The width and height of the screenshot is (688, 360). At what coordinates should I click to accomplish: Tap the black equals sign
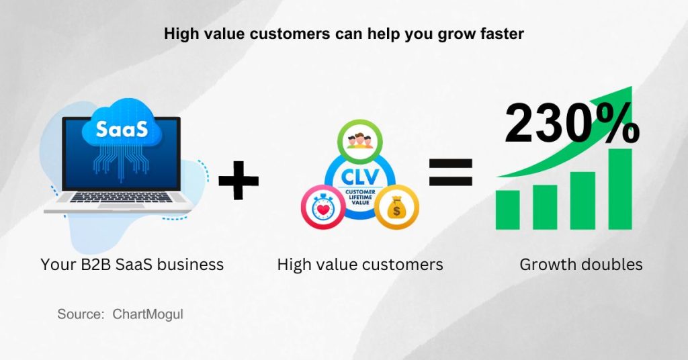tap(451, 173)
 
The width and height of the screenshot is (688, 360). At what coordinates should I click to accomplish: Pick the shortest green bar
tap(508, 209)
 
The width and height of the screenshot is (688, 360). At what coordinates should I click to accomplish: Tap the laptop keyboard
tap(118, 197)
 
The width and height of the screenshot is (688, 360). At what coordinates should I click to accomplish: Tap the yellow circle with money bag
tap(396, 208)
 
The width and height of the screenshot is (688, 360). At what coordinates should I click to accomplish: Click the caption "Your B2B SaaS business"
tap(132, 265)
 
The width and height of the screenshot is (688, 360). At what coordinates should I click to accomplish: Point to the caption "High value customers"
tap(360, 265)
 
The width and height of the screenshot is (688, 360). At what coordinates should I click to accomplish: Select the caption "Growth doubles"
tap(580, 265)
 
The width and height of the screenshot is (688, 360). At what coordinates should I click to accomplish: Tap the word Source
tap(80, 314)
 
